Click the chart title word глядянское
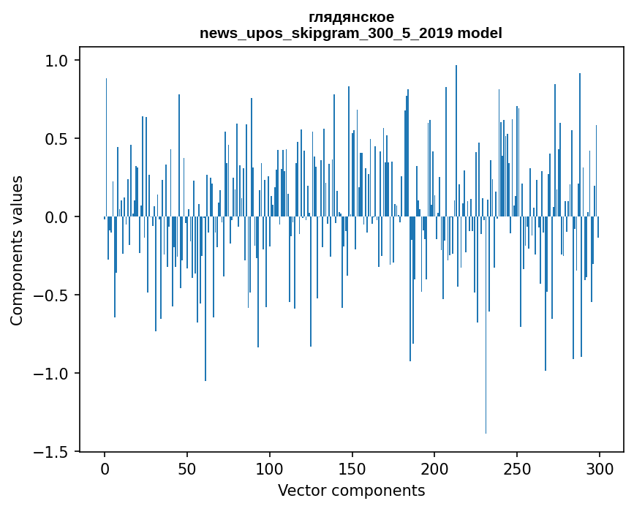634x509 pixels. [x=351, y=17]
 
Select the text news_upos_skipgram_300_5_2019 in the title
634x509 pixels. [x=326, y=34]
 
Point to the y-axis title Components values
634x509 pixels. [x=17, y=250]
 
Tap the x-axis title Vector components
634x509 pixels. [x=351, y=490]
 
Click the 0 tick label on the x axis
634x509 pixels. [x=105, y=467]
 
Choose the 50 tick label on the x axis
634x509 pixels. [x=187, y=467]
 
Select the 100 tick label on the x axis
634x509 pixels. [x=270, y=467]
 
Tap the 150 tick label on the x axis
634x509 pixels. [x=352, y=467]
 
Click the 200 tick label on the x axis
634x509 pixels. [x=434, y=467]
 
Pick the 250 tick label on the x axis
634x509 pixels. [x=517, y=467]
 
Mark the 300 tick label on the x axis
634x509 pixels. [x=600, y=467]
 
